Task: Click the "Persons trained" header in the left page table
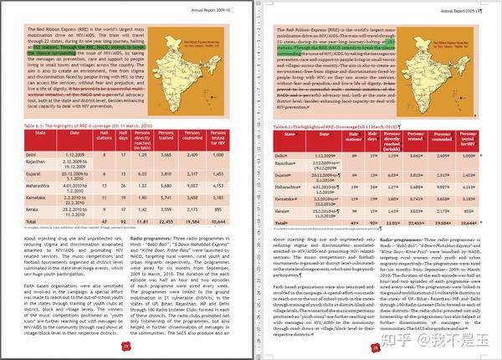pos(166,137)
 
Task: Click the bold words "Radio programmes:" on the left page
pos(151,239)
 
